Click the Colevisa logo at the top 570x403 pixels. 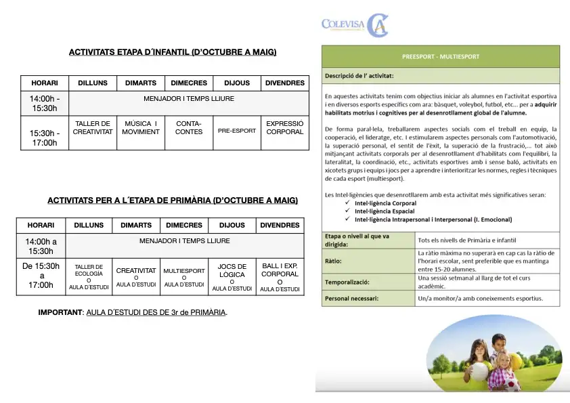coord(355,26)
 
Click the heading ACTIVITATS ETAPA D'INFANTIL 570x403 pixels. coord(173,52)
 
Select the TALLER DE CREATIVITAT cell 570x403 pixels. coord(93,128)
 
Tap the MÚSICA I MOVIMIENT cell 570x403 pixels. coord(141,128)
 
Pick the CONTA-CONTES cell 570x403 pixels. coord(189,128)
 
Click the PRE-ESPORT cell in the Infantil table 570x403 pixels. coord(237,131)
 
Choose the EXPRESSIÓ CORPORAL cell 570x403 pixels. coord(284,128)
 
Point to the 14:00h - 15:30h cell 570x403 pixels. coord(45,104)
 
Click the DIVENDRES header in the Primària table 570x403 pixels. coord(280,226)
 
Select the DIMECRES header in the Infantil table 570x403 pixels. coord(189,83)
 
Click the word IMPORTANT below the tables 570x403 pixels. coord(60,313)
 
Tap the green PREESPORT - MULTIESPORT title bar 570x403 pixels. coord(441,56)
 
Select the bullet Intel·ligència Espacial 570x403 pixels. coord(385,211)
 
